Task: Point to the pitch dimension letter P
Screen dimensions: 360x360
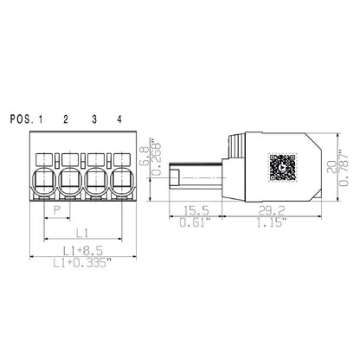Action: (57, 209)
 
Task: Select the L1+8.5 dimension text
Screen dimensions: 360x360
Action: (80, 251)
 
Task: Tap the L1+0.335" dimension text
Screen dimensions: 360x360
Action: (82, 263)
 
